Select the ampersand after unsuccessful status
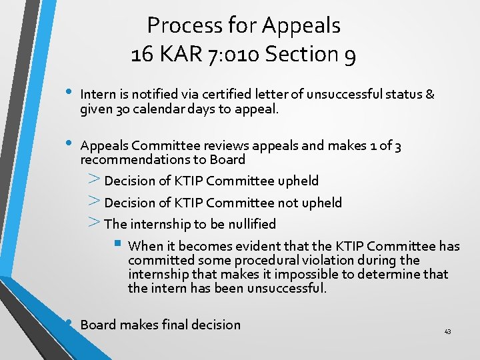[x=430, y=95]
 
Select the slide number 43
[x=447, y=332]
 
